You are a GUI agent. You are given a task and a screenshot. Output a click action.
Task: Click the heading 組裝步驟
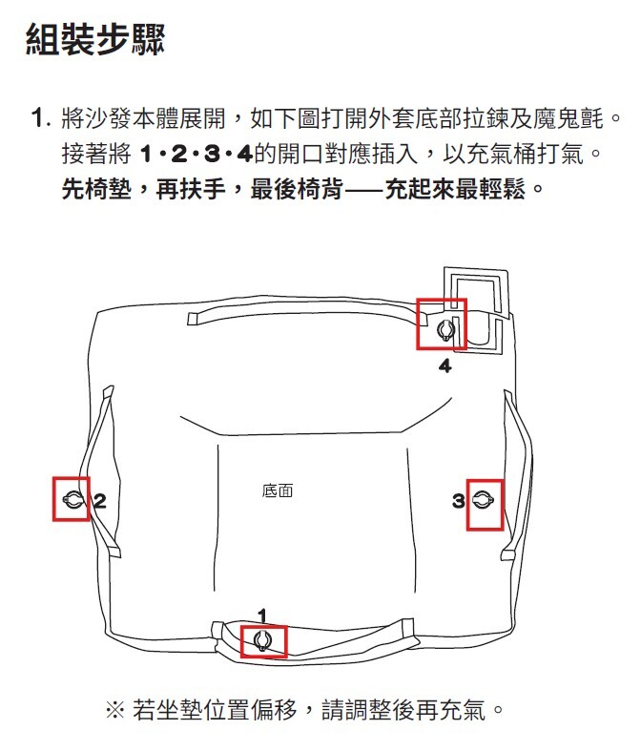pos(95,39)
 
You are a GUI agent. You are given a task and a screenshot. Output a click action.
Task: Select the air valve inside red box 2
pos(72,500)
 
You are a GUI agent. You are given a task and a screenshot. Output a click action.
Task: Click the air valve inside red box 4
pos(446,330)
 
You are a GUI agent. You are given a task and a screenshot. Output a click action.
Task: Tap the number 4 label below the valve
pos(445,366)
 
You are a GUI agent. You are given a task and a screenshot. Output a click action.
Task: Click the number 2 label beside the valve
pos(99,501)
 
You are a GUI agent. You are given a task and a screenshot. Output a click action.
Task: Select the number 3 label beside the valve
pos(459,501)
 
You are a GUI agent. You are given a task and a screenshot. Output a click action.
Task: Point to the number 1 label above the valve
pos(262,615)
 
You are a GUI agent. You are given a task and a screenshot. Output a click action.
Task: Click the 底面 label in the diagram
pos(278,490)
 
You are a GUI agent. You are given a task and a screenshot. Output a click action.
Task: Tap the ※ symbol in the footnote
pos(114,710)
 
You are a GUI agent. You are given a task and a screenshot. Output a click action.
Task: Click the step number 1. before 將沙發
pos(41,117)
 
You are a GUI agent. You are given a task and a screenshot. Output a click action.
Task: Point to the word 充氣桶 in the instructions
pos(502,154)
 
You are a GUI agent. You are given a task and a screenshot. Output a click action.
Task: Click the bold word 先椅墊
pos(96,189)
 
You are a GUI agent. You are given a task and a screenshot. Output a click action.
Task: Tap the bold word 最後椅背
pos(297,189)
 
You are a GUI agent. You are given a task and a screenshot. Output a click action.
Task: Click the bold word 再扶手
pos(191,189)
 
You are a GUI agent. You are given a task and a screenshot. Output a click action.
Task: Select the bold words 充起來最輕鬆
pos(455,189)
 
